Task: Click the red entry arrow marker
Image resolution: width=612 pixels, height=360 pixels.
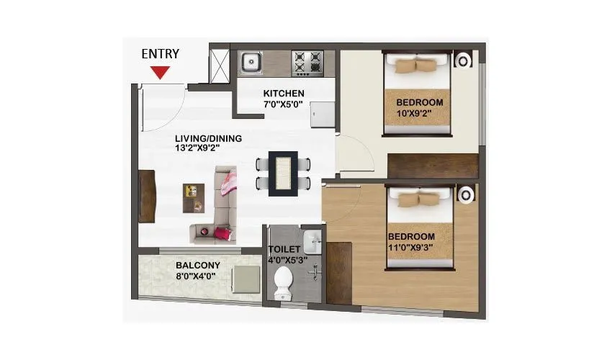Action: click(160, 72)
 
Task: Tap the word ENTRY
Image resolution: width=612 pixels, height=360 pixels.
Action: click(160, 53)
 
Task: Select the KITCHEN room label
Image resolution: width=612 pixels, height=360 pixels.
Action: click(284, 94)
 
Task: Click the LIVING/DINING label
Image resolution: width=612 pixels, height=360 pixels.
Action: click(208, 138)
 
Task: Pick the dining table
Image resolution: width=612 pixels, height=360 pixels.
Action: click(284, 173)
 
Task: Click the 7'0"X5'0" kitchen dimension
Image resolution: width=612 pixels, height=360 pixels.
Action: click(283, 104)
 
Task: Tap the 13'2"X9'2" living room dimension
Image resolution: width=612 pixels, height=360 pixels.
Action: click(197, 148)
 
